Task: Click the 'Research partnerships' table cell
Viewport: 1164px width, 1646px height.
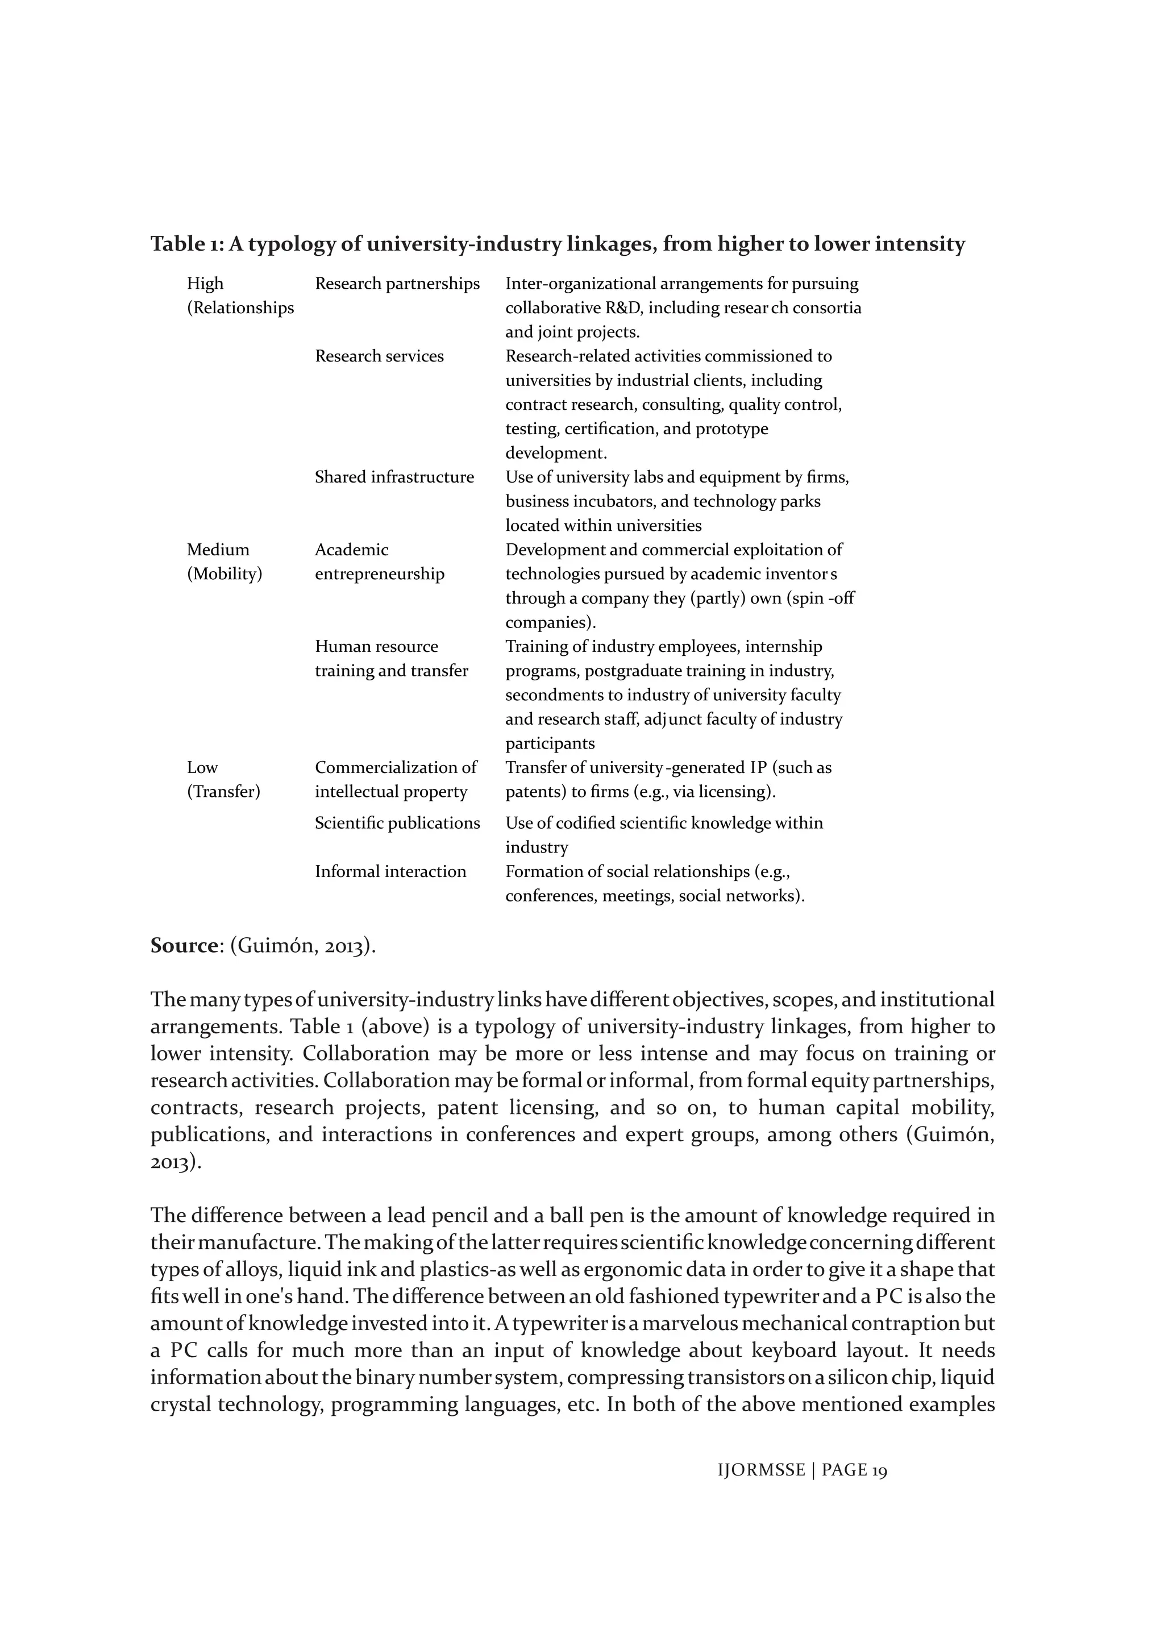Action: [x=397, y=284]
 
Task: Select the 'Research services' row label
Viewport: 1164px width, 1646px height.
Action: [x=379, y=356]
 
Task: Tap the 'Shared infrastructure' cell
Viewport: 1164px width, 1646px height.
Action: [x=394, y=477]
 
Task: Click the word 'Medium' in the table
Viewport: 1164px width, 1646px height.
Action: [x=218, y=550]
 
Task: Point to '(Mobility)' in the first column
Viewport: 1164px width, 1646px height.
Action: [x=225, y=574]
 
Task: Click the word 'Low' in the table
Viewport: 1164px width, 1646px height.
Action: [x=202, y=768]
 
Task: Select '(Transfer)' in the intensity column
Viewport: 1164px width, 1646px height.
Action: [x=223, y=792]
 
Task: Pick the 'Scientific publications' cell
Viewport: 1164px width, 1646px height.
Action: [x=397, y=823]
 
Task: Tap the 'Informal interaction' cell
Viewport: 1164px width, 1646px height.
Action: [x=390, y=872]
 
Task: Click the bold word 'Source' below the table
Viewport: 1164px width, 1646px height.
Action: [x=184, y=946]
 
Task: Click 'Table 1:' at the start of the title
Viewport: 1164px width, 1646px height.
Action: [x=188, y=244]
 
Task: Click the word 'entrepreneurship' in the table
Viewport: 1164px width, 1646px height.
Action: [x=379, y=574]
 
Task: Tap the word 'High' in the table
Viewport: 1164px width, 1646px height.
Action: [x=205, y=284]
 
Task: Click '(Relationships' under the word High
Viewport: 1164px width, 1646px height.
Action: [x=240, y=308]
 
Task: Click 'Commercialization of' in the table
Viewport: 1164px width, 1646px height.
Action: [x=396, y=768]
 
